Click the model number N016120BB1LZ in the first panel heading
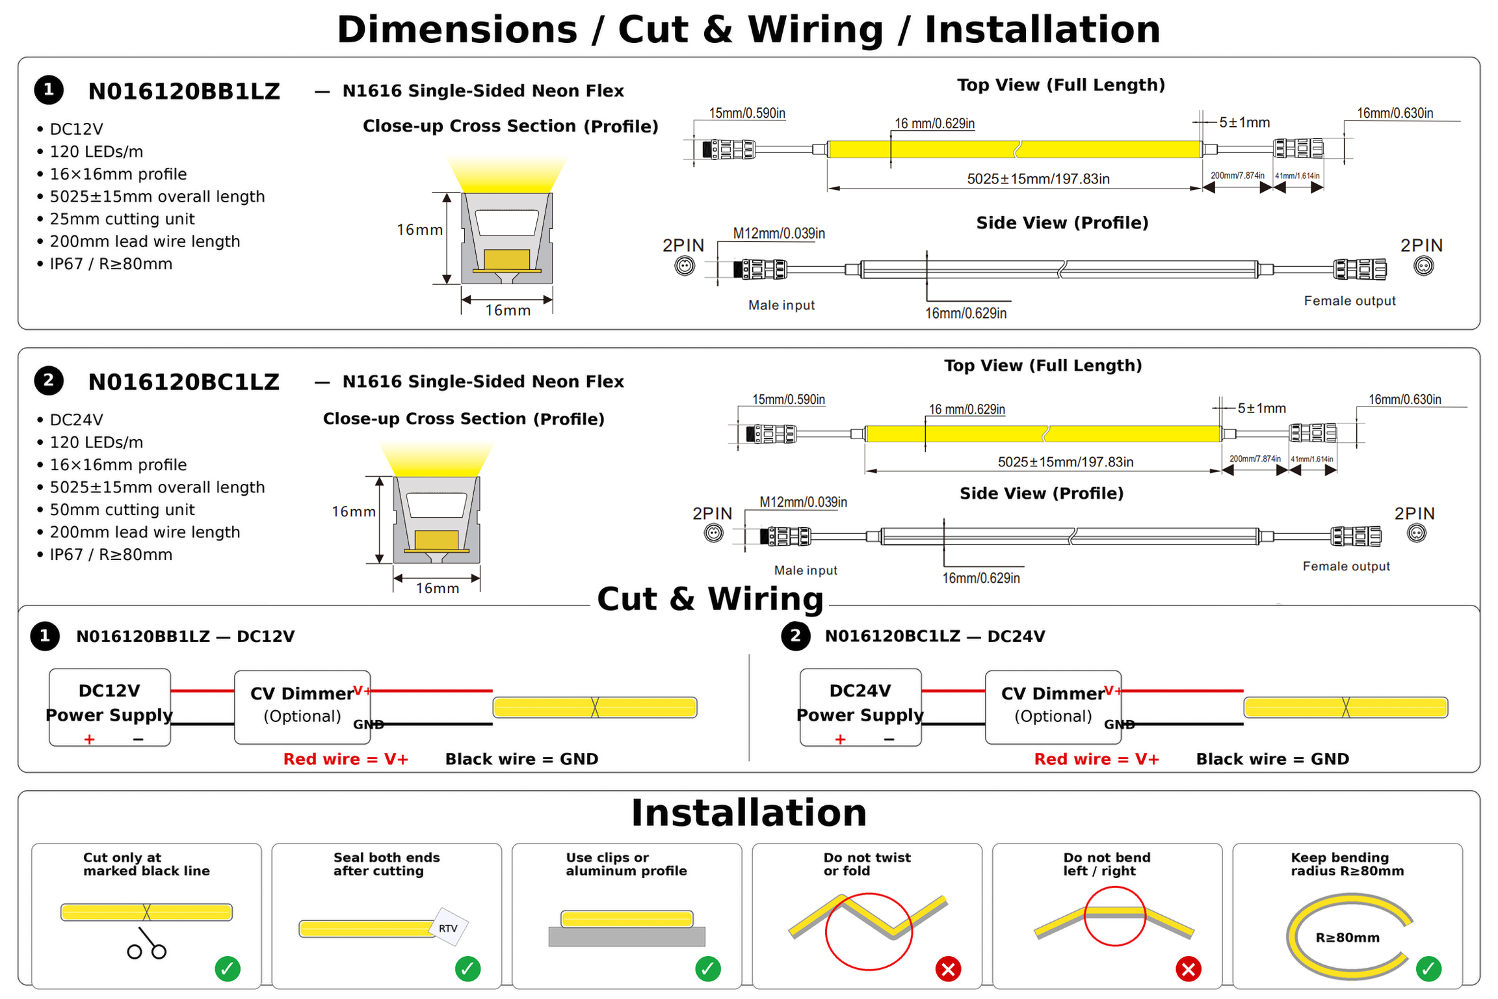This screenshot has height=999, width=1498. [x=184, y=91]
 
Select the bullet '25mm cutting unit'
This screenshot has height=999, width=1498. [x=122, y=219]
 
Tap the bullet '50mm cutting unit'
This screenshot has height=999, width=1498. [x=122, y=510]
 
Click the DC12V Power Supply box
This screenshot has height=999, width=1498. [x=110, y=707]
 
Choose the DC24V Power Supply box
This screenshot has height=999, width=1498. [x=860, y=707]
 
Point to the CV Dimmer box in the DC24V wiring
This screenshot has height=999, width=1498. [x=1053, y=707]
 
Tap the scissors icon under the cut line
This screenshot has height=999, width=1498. [x=147, y=943]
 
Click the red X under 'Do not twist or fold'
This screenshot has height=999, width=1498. [x=949, y=969]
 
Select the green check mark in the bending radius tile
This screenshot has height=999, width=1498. [x=1429, y=969]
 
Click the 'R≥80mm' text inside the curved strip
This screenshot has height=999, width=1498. [x=1347, y=938]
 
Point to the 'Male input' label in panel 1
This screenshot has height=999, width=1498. [x=782, y=305]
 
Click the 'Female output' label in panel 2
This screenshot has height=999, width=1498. [x=1347, y=566]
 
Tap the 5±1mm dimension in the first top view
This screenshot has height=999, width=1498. [x=1244, y=122]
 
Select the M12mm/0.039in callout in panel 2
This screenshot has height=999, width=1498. [x=804, y=502]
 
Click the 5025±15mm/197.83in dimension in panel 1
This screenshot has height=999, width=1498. [x=1038, y=179]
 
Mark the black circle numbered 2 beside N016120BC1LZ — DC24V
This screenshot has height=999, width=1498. [x=796, y=636]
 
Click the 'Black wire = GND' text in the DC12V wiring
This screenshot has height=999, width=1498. [x=522, y=759]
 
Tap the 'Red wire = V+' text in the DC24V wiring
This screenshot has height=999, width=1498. [x=1097, y=759]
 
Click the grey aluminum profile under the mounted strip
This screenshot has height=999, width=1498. [x=627, y=937]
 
